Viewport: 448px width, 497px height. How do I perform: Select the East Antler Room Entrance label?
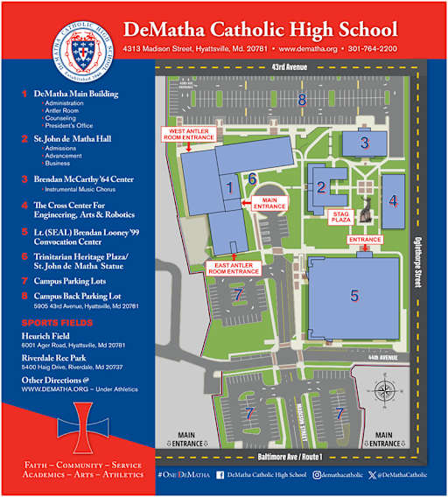click(x=234, y=268)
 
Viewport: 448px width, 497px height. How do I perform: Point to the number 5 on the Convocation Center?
click(x=354, y=295)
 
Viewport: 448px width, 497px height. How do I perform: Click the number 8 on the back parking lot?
click(x=302, y=100)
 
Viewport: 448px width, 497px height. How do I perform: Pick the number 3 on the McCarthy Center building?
click(x=365, y=141)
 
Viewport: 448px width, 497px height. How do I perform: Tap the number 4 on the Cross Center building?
click(x=393, y=200)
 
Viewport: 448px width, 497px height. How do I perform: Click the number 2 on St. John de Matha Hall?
click(x=321, y=186)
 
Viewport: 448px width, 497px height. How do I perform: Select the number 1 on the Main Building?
click(x=229, y=186)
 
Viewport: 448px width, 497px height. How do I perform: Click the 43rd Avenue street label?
click(x=289, y=66)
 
